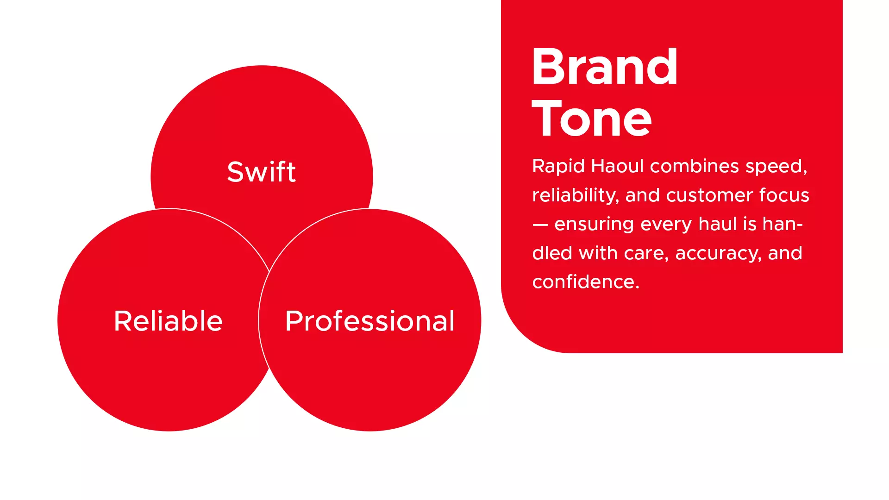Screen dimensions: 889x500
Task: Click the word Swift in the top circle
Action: coord(261,172)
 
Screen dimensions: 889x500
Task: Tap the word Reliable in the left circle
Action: coord(168,321)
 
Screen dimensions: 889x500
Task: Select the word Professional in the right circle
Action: coord(370,321)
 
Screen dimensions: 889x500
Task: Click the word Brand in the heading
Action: coord(605,67)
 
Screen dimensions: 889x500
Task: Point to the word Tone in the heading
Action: coord(592,119)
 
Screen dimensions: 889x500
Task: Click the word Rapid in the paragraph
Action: coord(558,167)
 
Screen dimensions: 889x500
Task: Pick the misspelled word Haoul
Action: coord(617,166)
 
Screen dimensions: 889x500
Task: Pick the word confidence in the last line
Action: coord(586,282)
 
